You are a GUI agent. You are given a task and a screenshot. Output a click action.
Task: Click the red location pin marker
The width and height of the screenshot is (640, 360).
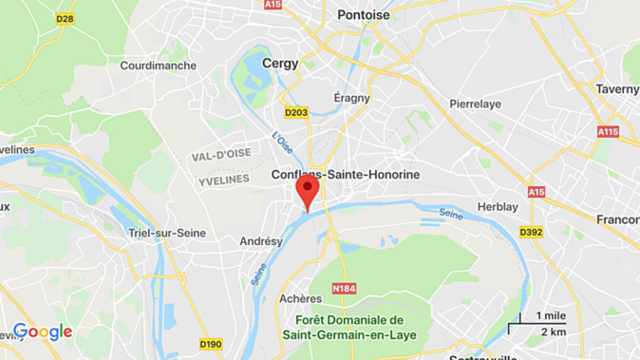pos(307,190)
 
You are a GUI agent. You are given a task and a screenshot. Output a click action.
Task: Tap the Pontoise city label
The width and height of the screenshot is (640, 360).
pos(364,15)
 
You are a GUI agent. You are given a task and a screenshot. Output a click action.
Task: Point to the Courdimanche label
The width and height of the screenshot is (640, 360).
pos(159,66)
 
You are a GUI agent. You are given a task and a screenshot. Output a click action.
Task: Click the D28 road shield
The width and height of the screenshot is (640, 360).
pos(65,18)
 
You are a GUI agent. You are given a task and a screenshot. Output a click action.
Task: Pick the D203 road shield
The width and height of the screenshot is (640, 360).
pos(296,113)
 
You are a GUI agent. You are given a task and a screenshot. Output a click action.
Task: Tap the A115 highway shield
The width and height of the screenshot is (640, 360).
pos(608,131)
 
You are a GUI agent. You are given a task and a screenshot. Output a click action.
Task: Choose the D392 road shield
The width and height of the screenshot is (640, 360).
pos(530,232)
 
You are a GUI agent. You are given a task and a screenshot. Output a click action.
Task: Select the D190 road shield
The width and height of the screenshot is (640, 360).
pos(210,343)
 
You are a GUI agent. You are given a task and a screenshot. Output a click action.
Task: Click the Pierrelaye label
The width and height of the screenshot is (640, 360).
pos(476,103)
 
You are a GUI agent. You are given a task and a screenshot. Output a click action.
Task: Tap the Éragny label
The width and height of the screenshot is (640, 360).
pos(351,98)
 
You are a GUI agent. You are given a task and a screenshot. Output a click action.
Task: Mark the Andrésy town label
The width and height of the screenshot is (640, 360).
pos(261,241)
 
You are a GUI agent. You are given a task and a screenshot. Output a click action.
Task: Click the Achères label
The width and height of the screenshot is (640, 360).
pos(301,298)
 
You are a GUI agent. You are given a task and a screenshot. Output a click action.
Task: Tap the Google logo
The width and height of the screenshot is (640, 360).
pos(43,332)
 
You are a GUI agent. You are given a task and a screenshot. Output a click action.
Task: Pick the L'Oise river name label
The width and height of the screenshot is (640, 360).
pos(283,143)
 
